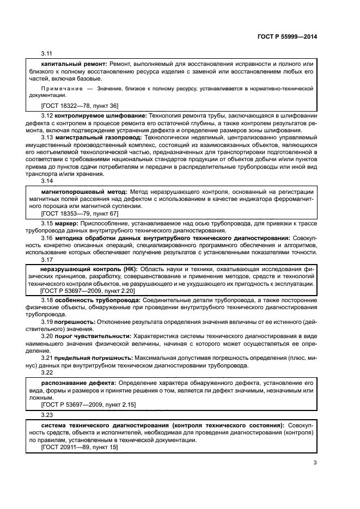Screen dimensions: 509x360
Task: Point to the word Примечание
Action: [x=61, y=88]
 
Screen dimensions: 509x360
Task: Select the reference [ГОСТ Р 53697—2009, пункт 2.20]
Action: [x=88, y=291]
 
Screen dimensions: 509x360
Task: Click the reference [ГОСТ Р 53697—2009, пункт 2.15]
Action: [x=88, y=404]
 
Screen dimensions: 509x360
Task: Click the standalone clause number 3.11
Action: [x=46, y=54]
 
